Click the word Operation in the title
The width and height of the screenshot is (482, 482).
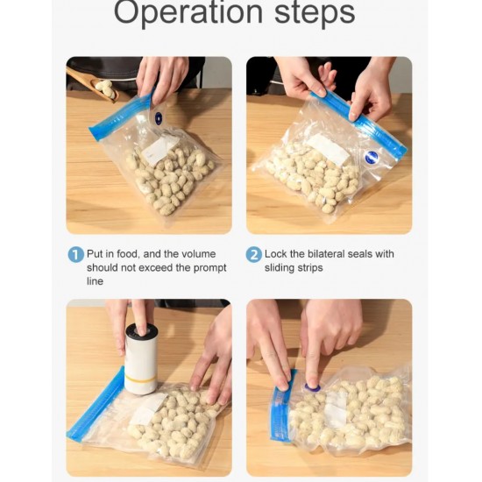188,12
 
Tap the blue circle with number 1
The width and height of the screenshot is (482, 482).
75,255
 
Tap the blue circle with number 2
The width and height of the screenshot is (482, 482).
253,255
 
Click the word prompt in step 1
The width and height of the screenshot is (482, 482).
209,268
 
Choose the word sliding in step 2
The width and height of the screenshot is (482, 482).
279,268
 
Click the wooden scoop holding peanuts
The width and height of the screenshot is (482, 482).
93,84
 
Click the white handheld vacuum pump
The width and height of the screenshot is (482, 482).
141,358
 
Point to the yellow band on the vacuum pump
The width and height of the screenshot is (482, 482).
140,378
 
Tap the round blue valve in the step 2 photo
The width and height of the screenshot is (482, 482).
372,157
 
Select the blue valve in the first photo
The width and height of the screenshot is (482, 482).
158,118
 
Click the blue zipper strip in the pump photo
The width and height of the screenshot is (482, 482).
96,404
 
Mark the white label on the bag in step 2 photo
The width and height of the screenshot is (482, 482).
328,149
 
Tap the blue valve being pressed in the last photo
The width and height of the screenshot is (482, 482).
312,388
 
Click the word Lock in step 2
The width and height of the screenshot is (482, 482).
275,254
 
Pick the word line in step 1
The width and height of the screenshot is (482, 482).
95,281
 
